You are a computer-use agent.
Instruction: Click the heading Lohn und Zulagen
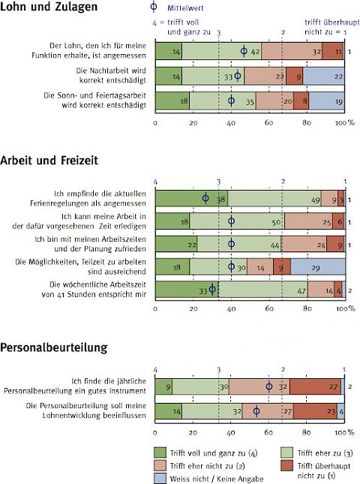[x=49, y=7]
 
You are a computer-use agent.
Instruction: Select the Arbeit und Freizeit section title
[x=49, y=160]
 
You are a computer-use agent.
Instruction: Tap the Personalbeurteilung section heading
[x=54, y=347]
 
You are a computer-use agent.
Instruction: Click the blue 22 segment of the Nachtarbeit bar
[x=323, y=77]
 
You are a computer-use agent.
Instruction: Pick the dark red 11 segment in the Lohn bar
[x=333, y=51]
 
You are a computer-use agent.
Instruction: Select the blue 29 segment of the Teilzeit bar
[x=318, y=267]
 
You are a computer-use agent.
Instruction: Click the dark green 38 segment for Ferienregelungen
[x=191, y=199]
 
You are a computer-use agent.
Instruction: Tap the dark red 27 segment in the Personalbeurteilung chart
[x=315, y=386]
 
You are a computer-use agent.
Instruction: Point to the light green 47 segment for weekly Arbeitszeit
[x=263, y=290]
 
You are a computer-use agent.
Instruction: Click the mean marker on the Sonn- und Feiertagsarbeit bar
[x=231, y=101]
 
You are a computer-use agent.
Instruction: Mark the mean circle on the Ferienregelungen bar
[x=205, y=198]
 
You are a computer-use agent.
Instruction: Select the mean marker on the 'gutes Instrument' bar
[x=269, y=386]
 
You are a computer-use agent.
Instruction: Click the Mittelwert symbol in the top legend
[x=153, y=7]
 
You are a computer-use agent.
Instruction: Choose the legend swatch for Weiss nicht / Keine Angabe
[x=160, y=479]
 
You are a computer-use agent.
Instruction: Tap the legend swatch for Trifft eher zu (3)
[x=287, y=452]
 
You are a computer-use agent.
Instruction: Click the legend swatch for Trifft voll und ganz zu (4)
[x=160, y=452]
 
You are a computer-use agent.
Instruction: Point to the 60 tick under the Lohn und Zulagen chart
[x=268, y=122]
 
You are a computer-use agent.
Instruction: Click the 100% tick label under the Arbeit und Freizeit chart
[x=346, y=308]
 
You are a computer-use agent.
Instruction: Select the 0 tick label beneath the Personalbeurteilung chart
[x=154, y=433]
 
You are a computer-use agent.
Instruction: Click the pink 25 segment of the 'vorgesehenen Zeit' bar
[x=308, y=221]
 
